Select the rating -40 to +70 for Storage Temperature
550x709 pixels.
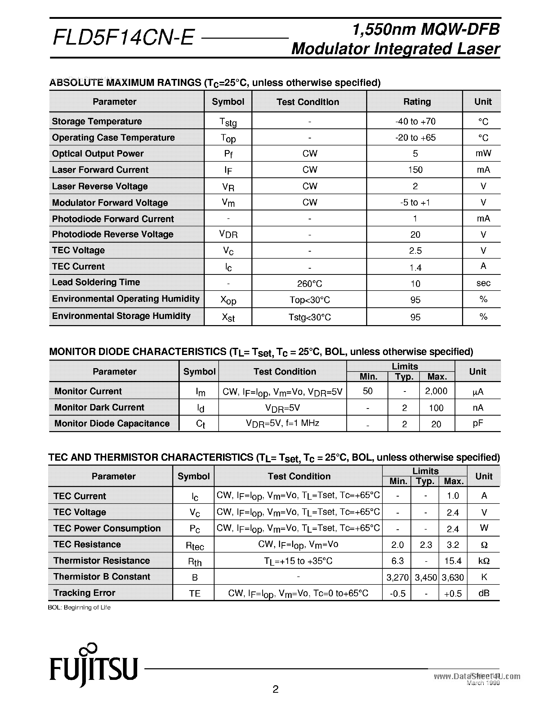[415, 121]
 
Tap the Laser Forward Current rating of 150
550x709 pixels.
[415, 170]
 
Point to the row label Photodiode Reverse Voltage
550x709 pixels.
[113, 234]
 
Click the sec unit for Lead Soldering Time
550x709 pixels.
[483, 283]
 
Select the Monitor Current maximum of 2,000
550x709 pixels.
[436, 391]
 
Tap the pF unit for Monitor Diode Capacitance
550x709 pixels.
[478, 423]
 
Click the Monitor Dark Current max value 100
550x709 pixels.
[436, 408]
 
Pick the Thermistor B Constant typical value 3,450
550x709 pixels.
[426, 577]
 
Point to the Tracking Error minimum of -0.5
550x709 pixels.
[397, 593]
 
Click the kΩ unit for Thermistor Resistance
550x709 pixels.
[484, 561]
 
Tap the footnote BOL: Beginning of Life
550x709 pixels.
[79, 607]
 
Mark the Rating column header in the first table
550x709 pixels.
[417, 102]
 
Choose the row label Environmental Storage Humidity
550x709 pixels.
[121, 316]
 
